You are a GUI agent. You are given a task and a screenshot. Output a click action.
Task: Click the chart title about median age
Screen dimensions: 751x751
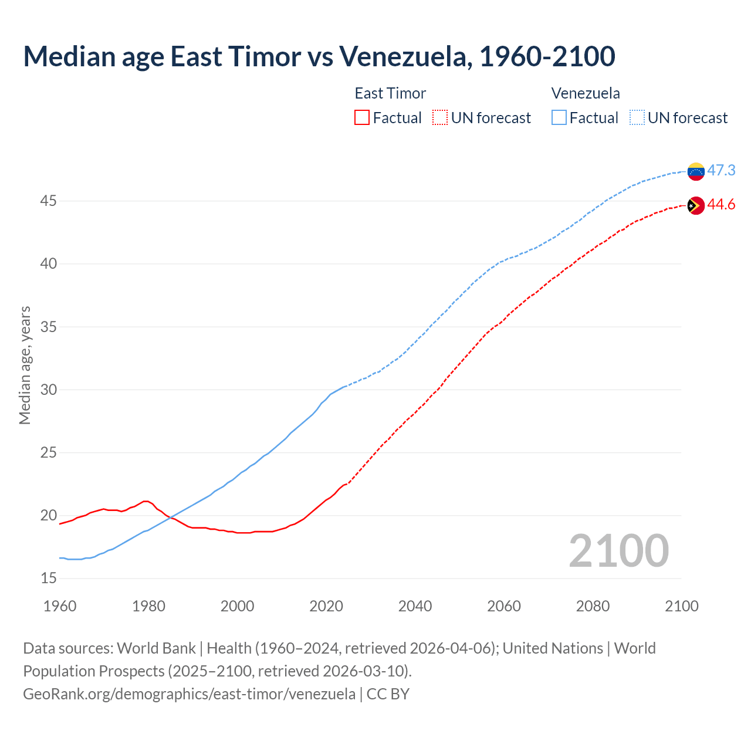coord(319,56)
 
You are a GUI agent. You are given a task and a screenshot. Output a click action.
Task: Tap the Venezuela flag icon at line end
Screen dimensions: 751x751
coord(696,171)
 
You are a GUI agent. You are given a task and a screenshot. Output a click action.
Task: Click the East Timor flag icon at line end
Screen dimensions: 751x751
coord(696,205)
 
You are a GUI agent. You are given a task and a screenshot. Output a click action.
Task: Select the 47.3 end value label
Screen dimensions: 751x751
coord(721,170)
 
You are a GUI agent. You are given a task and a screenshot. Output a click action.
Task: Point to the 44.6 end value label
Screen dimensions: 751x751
coord(721,204)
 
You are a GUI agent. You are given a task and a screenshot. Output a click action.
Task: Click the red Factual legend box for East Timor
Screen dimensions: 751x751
coord(362,118)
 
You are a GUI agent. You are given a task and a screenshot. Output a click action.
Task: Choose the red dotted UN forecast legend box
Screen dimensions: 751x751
coord(440,118)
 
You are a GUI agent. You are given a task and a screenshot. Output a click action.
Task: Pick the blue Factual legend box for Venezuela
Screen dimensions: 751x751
coord(559,118)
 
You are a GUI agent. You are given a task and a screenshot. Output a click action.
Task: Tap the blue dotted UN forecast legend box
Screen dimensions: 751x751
coord(637,118)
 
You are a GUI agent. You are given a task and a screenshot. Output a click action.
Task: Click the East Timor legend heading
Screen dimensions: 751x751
coord(390,93)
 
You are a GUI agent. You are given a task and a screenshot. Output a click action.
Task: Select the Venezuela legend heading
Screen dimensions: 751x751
coord(586,93)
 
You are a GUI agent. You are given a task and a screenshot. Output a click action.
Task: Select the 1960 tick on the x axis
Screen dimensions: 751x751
coord(60,606)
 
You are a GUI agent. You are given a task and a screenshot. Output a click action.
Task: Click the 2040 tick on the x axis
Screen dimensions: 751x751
coord(415,606)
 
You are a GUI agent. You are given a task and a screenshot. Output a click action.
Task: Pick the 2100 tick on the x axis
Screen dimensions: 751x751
coord(681,606)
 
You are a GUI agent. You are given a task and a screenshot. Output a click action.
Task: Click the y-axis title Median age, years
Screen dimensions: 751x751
coord(25,365)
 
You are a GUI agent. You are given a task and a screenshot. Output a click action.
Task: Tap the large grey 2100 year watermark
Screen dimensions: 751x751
coord(618,550)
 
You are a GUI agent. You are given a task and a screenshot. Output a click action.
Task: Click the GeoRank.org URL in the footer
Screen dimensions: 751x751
coord(189,694)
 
